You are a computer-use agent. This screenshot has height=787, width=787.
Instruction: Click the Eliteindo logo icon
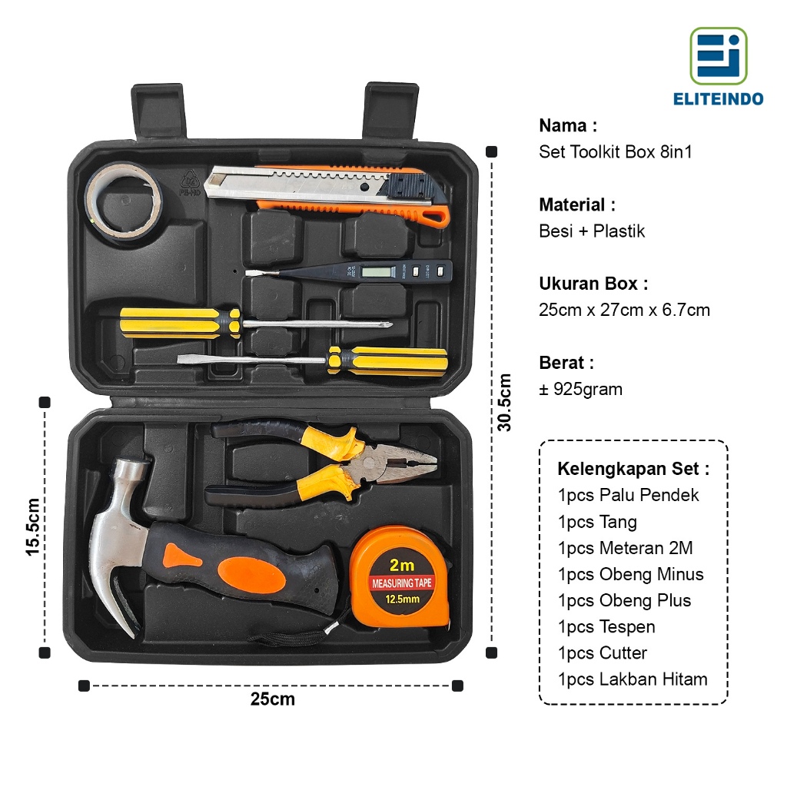(x=718, y=56)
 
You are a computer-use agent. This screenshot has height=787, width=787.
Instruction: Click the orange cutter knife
(x=330, y=193)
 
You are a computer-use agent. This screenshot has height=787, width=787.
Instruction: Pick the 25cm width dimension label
(x=272, y=699)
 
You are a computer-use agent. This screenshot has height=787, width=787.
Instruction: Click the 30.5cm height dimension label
(x=503, y=402)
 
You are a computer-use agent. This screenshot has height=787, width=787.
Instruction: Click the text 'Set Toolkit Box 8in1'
(x=616, y=152)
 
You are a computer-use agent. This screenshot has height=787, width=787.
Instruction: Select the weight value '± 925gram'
(x=581, y=390)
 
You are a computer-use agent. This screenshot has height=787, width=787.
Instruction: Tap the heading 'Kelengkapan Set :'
(x=633, y=469)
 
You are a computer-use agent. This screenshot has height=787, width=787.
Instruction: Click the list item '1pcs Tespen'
(x=606, y=627)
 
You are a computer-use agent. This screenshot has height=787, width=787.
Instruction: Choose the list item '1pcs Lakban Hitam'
(x=633, y=679)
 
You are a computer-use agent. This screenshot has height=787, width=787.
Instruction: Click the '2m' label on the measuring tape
(x=402, y=565)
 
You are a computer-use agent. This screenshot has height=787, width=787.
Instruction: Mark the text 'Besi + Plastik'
(x=592, y=231)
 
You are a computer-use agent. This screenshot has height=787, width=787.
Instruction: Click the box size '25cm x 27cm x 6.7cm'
(x=624, y=310)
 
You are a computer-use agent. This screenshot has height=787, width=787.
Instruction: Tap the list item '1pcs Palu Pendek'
(x=629, y=496)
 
